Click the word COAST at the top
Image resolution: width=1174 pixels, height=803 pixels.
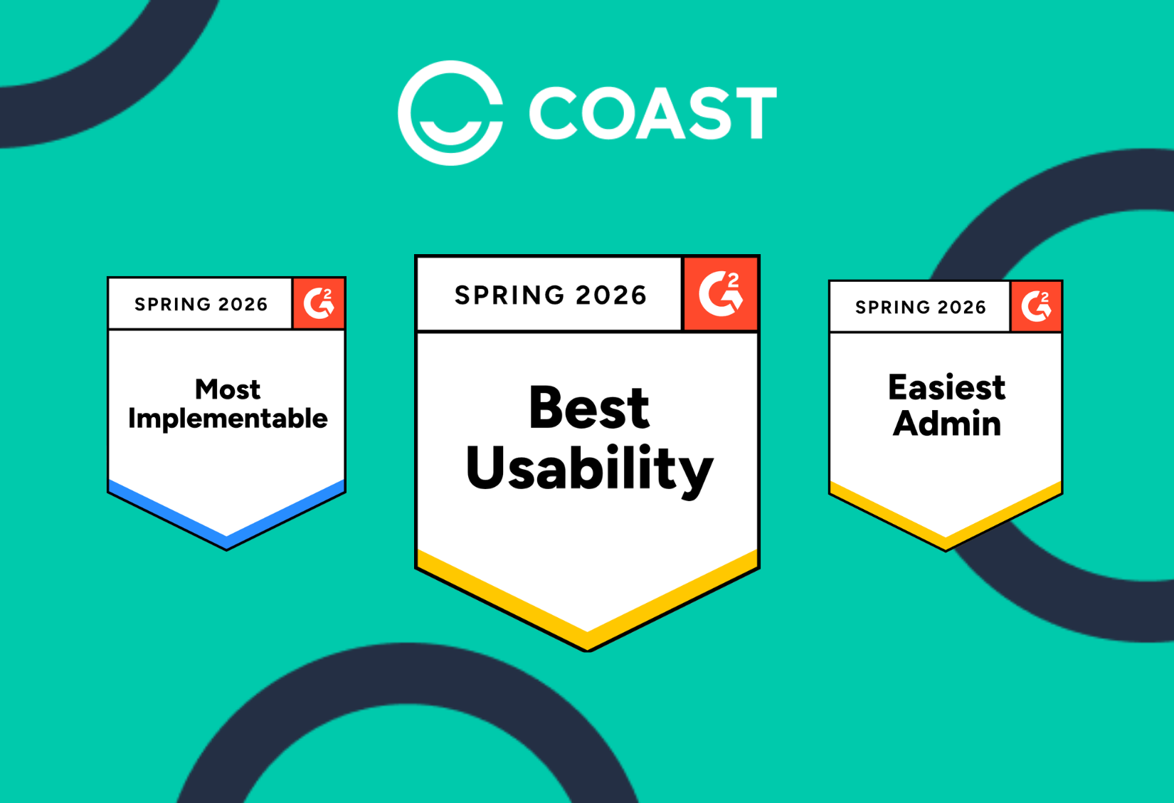(x=653, y=113)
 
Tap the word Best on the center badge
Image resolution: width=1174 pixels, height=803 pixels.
(x=589, y=407)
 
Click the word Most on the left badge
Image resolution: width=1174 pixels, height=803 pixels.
(x=228, y=389)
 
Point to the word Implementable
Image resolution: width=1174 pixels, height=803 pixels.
(x=228, y=419)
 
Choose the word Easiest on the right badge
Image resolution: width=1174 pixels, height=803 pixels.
(x=946, y=387)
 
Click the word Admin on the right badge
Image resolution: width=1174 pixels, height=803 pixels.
(x=946, y=423)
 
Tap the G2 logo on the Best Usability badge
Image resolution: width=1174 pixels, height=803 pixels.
(x=721, y=294)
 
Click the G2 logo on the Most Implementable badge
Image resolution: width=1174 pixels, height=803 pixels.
(x=319, y=303)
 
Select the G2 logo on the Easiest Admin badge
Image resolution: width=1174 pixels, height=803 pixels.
(x=1036, y=306)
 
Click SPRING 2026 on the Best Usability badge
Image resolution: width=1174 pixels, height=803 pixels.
(x=550, y=295)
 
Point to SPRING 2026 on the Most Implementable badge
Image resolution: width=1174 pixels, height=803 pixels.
(x=201, y=304)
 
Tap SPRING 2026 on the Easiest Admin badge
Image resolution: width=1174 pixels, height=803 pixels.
(x=920, y=308)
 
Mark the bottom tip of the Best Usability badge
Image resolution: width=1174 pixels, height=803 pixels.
(x=588, y=651)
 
